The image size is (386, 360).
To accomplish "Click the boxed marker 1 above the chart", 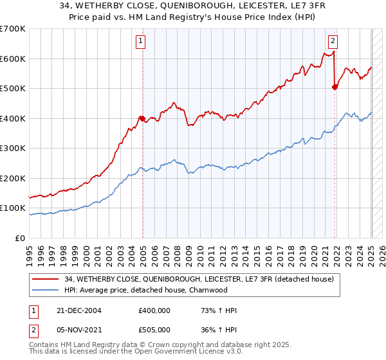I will point(140,42).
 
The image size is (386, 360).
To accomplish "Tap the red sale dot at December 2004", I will point(142,118).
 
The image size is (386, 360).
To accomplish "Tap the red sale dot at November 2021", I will point(335,87).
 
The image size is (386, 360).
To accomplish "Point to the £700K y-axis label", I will point(13,29).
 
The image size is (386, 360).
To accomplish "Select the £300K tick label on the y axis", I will point(13,148).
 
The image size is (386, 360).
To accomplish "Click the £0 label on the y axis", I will point(21,239).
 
